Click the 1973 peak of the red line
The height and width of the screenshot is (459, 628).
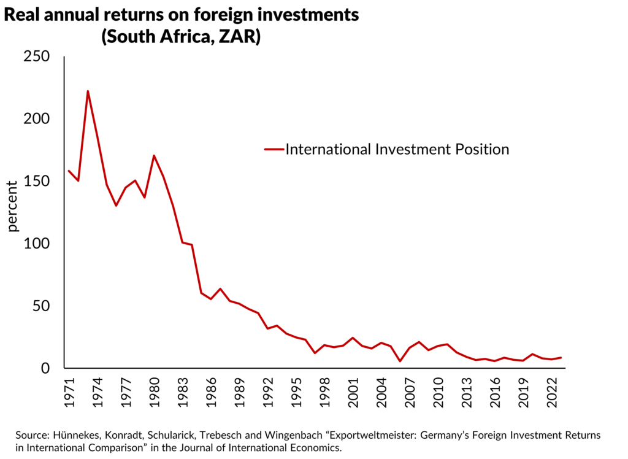coord(88,91)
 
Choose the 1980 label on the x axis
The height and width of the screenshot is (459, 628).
coord(154,391)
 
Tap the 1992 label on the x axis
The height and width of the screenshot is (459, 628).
coord(267,391)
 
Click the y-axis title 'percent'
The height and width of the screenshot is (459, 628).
coord(13,206)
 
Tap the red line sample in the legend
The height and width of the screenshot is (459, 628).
coord(274,149)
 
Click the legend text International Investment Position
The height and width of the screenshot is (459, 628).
coord(397,149)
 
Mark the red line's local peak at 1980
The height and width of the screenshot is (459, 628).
coord(154,155)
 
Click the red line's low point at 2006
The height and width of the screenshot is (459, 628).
coord(400,361)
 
